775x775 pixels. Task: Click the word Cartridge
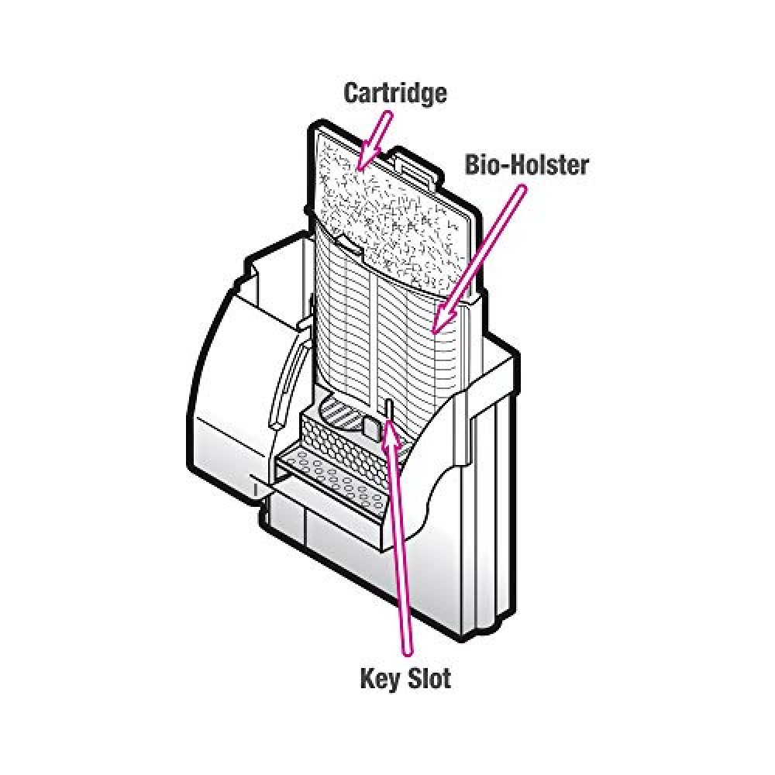tap(395, 94)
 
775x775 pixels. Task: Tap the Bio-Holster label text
tap(526, 164)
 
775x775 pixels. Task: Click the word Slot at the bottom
tap(429, 677)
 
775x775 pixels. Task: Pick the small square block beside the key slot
tap(373, 427)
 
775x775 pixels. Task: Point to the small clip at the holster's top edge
tap(352, 246)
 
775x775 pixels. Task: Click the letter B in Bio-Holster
tap(473, 165)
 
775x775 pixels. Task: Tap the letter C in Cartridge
tap(352, 94)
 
